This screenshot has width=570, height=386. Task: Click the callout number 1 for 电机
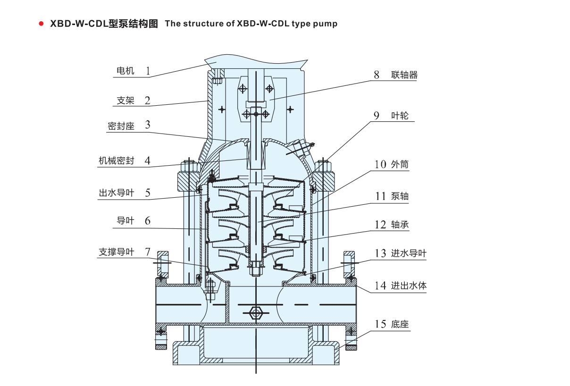click(x=148, y=71)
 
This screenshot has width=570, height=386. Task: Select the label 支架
click(x=126, y=101)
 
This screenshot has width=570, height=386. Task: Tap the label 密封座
click(x=121, y=126)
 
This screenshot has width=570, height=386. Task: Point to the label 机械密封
click(x=116, y=161)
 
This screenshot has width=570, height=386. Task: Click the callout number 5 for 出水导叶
click(x=148, y=193)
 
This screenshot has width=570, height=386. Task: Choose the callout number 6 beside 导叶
click(x=148, y=220)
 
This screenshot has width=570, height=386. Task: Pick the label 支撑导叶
click(x=116, y=252)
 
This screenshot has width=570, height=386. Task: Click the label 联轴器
click(x=404, y=75)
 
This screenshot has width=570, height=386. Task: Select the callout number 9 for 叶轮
click(x=377, y=116)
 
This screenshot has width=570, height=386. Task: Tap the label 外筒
click(x=400, y=164)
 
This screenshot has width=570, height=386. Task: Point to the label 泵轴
click(x=400, y=196)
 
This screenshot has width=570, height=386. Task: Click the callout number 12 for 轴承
click(x=380, y=225)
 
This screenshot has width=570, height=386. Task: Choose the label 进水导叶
click(x=409, y=253)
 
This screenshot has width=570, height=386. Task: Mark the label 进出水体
click(x=409, y=285)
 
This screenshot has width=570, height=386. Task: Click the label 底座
click(x=400, y=324)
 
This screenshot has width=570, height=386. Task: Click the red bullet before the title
click(x=42, y=24)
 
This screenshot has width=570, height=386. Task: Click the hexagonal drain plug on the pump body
click(x=255, y=312)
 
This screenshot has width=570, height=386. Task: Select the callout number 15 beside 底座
click(x=380, y=324)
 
